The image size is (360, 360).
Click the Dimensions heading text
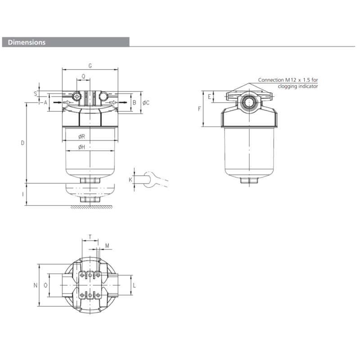click(27, 42)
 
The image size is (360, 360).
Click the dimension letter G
click(90, 66)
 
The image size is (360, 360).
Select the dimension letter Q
click(83, 76)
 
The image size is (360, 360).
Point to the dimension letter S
click(35, 94)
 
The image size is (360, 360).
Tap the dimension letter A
click(45, 103)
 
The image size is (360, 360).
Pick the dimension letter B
click(134, 103)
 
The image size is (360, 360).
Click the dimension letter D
click(22, 143)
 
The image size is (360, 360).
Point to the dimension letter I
click(22, 194)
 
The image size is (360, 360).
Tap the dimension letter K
click(130, 180)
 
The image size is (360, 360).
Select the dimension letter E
click(209, 96)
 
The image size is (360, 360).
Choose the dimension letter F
click(199, 108)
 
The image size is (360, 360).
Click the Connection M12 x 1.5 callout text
click(288, 83)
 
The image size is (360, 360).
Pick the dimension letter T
click(90, 236)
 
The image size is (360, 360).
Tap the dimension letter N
click(35, 285)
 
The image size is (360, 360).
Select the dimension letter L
click(135, 285)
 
